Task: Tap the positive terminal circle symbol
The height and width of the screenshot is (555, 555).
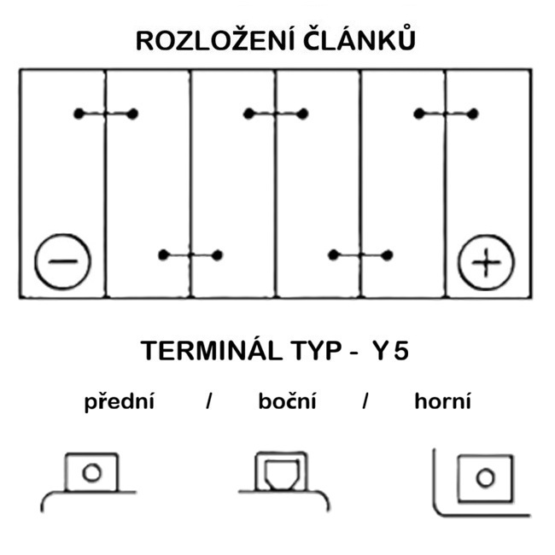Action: (x=487, y=262)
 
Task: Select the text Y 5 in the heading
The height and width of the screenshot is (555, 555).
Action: (x=389, y=352)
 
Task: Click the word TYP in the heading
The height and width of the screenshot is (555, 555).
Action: (x=317, y=352)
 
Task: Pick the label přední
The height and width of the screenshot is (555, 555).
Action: (x=119, y=402)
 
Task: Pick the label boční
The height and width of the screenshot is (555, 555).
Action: (x=287, y=402)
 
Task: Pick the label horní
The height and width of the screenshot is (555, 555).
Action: (x=442, y=402)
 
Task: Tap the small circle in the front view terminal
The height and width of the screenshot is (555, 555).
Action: (x=91, y=472)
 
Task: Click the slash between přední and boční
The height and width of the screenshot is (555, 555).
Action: (x=208, y=402)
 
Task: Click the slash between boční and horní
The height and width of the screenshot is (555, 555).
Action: (x=365, y=402)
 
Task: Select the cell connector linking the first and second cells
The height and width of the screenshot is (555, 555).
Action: (x=106, y=114)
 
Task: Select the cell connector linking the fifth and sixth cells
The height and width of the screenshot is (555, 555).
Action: (x=445, y=114)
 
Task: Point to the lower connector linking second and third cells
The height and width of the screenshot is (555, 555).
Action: (x=190, y=254)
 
